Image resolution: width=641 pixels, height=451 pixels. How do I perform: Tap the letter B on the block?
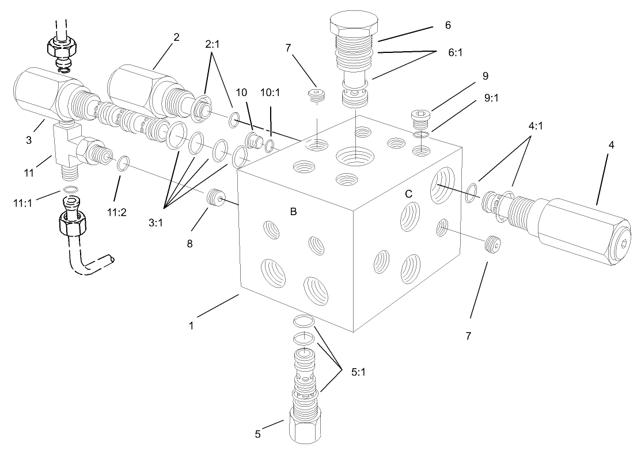(x=293, y=212)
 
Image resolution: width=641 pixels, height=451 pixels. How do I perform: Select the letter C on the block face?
(x=408, y=194)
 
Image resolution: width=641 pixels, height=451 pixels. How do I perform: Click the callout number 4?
(x=610, y=145)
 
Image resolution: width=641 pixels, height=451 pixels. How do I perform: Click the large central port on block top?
(x=355, y=155)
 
